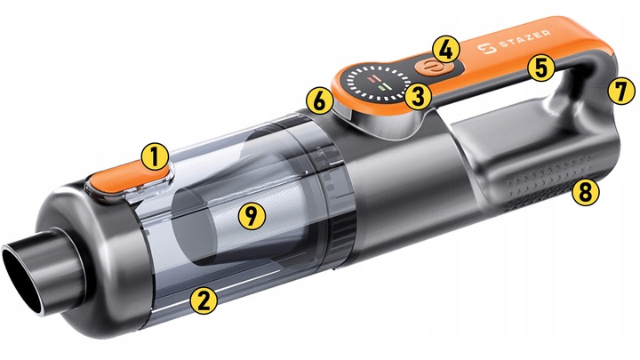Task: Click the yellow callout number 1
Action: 155,157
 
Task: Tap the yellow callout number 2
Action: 204,300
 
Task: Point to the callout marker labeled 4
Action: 446,49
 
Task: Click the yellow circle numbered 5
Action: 541,68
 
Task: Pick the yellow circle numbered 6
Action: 320,100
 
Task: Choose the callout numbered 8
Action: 586,191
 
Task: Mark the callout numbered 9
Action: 252,215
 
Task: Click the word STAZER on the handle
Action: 524,40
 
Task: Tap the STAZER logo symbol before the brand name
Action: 487,49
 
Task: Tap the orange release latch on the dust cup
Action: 128,180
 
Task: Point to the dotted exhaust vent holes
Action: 547,180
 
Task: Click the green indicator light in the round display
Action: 385,87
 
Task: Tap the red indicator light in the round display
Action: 372,78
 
